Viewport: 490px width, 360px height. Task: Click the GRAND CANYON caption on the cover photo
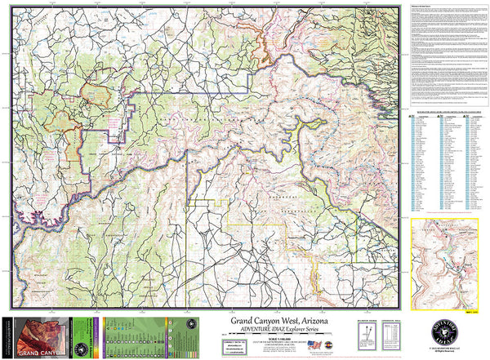coord(33,352)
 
